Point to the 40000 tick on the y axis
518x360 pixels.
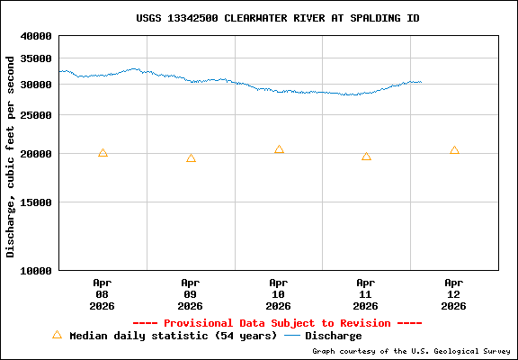(x=36, y=37)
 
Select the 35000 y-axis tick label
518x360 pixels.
(x=36, y=58)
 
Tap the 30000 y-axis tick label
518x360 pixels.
(x=36, y=85)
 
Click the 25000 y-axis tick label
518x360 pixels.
(x=36, y=115)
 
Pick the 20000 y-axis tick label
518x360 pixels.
(x=36, y=154)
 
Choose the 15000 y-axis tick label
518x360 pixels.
(x=36, y=202)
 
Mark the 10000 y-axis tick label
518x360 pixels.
(x=36, y=270)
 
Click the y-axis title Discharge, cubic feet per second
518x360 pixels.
(x=11, y=156)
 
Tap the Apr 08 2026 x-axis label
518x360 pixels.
(x=103, y=293)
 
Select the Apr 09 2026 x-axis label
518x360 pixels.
(x=191, y=293)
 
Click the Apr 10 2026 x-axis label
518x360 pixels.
(x=279, y=293)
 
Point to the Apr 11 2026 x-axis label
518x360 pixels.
(x=366, y=293)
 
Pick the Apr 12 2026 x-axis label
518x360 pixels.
(x=454, y=293)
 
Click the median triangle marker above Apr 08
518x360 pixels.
(x=103, y=153)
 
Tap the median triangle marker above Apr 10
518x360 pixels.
(x=279, y=149)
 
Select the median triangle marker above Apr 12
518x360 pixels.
(x=454, y=150)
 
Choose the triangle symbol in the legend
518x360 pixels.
(x=57, y=335)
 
